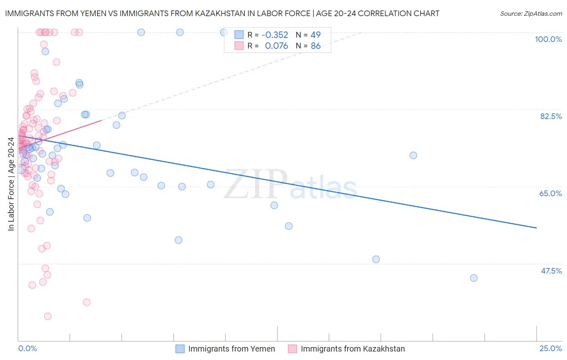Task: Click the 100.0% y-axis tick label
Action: [548, 39]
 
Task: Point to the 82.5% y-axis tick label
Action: [551, 116]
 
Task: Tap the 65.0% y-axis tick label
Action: [550, 193]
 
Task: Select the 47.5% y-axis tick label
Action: [551, 271]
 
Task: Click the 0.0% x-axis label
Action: [27, 348]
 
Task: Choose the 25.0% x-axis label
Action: [550, 348]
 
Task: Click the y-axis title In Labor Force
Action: [11, 184]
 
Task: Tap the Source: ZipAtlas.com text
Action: [531, 14]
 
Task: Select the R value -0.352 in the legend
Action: [275, 35]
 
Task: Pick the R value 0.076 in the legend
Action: [276, 46]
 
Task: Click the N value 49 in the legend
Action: [315, 35]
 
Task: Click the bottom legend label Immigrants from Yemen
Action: [231, 349]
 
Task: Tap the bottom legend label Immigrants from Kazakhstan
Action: [352, 349]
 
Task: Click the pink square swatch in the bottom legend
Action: [292, 349]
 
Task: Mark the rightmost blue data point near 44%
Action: [474, 278]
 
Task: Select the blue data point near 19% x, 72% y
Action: [413, 155]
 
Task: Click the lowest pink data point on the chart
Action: [48, 316]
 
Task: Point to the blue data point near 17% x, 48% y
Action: [376, 260]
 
